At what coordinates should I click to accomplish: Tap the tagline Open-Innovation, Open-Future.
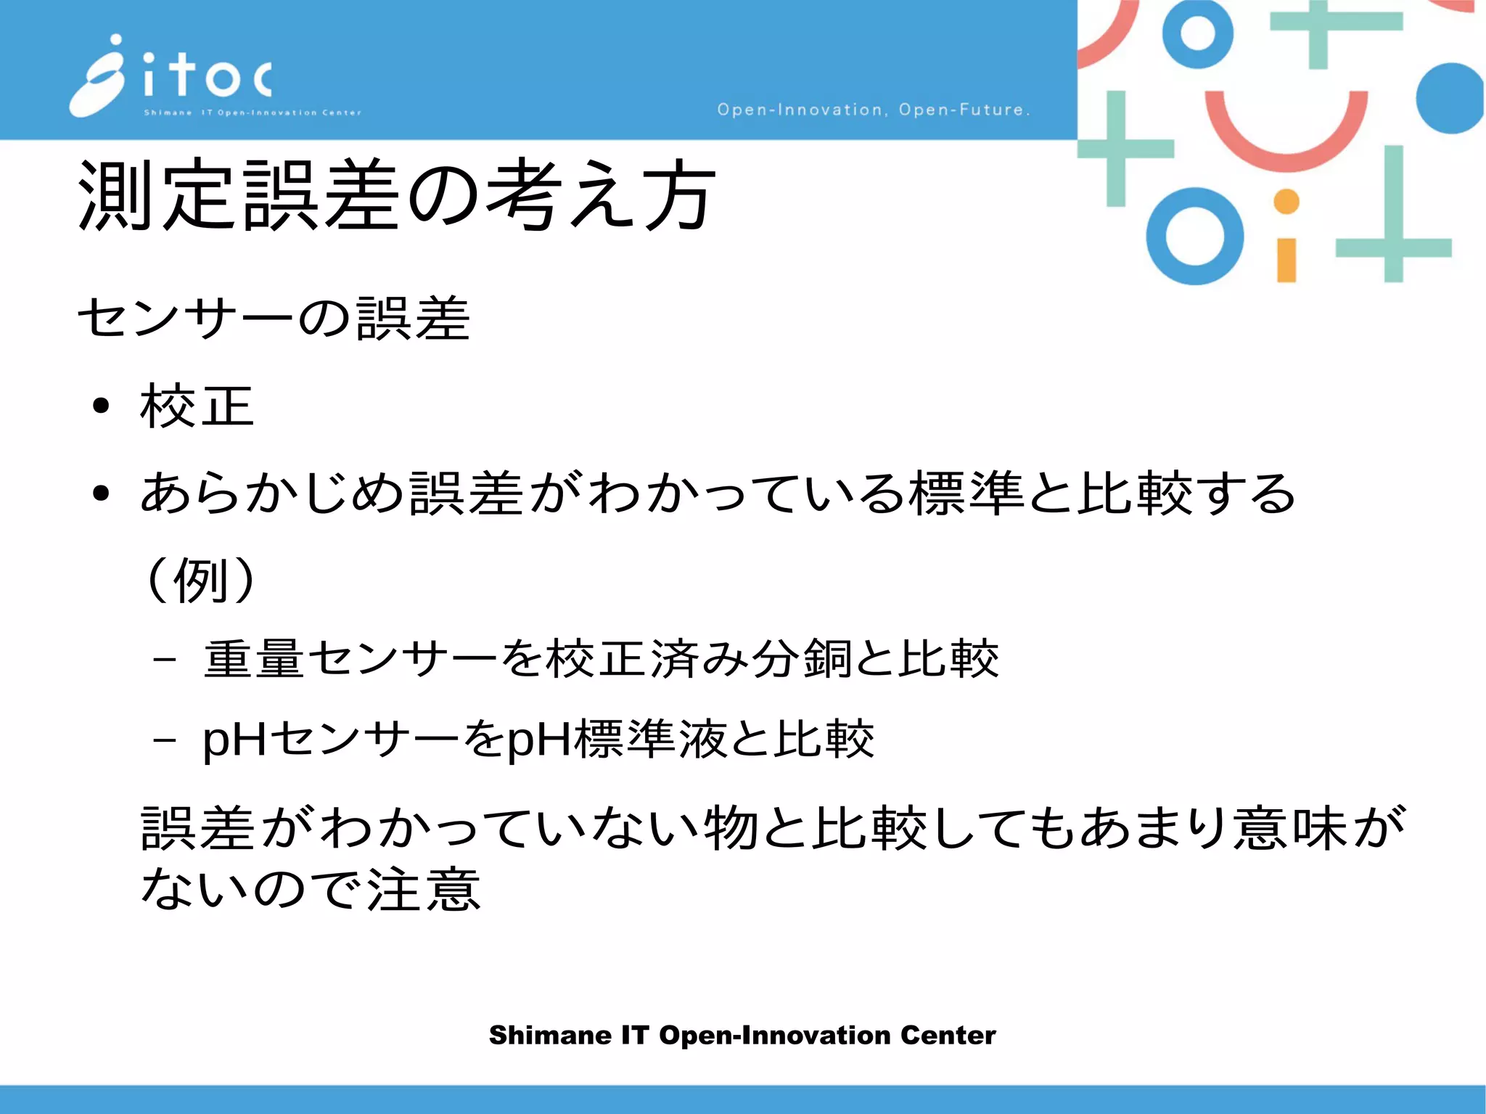873,110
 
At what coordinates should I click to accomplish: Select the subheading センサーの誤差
274,319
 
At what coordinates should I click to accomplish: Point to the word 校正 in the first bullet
197,406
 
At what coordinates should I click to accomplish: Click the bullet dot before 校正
101,406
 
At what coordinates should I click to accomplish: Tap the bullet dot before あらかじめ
101,493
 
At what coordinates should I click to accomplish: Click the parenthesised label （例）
200,581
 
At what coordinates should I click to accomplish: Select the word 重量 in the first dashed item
253,659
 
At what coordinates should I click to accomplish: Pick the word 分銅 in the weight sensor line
801,659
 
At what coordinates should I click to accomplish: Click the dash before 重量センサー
165,660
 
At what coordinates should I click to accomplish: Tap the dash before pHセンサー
165,741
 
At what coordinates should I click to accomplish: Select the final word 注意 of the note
423,890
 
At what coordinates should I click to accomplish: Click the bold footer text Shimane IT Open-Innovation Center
742,1035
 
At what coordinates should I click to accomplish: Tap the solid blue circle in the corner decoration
1449,99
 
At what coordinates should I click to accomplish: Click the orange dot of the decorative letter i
1286,202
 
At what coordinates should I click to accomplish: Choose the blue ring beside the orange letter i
1195,237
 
